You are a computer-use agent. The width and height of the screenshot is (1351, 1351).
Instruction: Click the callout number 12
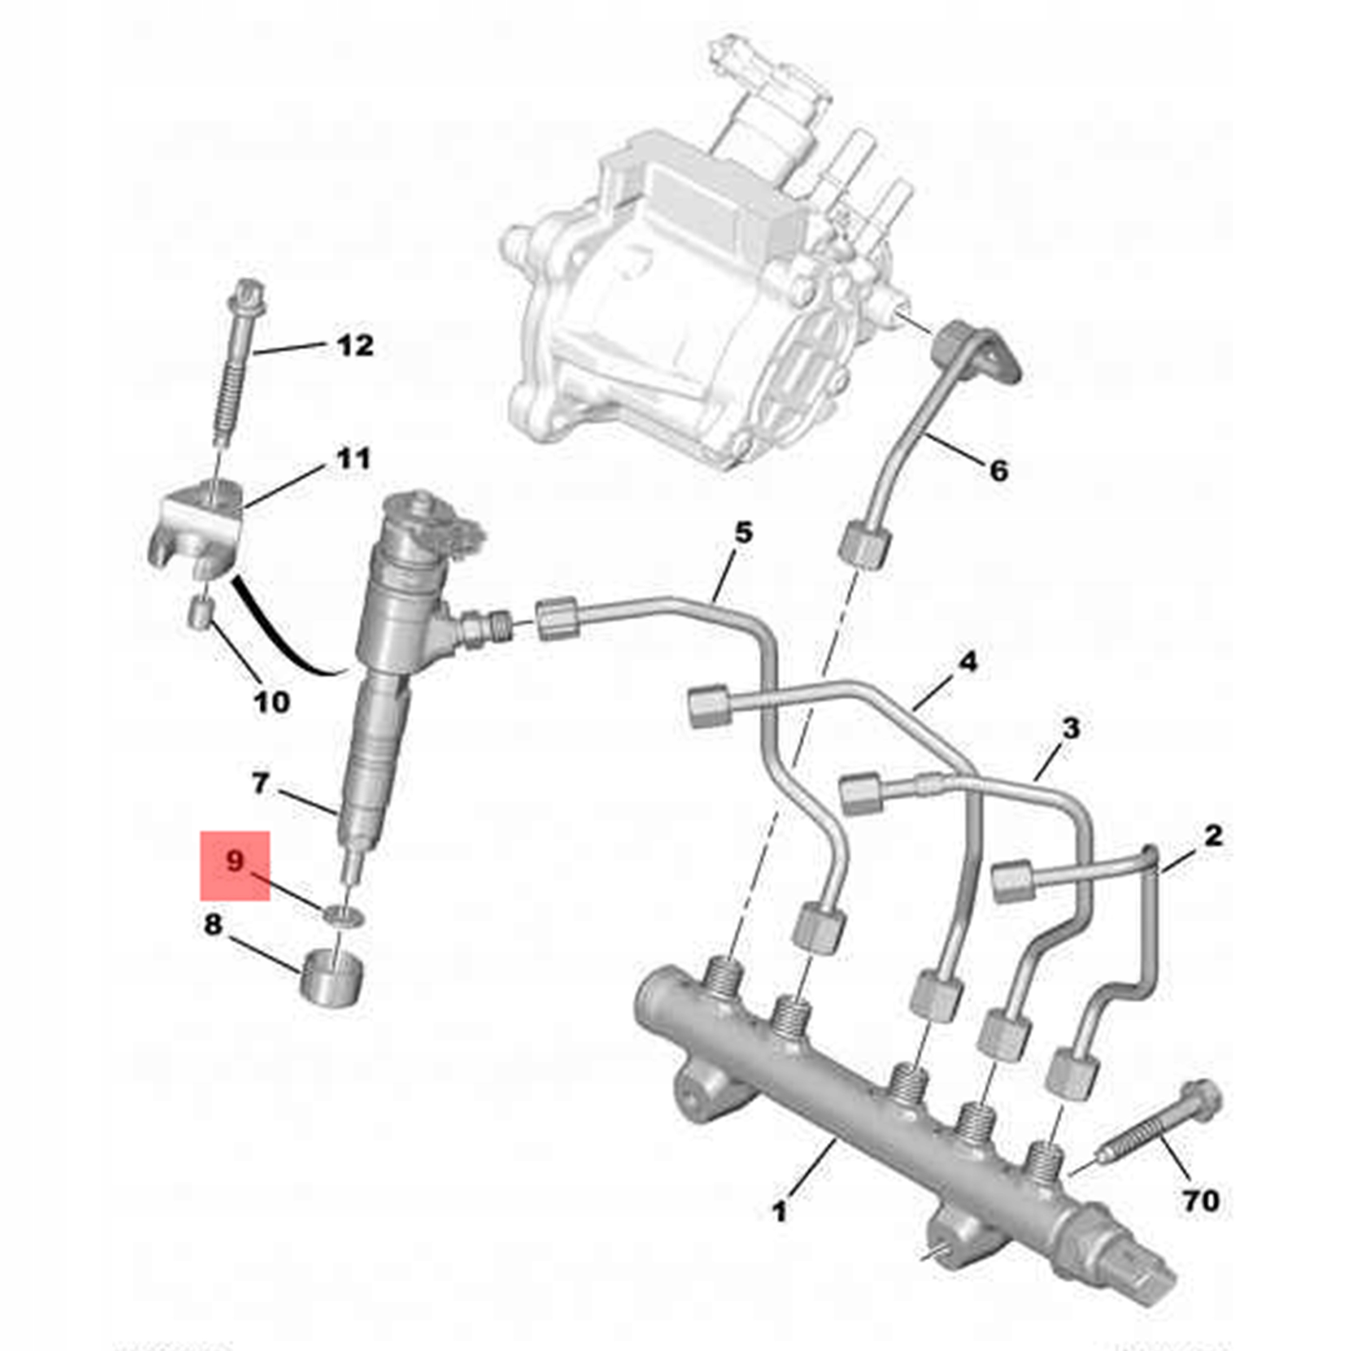click(355, 346)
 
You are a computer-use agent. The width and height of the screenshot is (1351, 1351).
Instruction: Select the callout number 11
click(353, 460)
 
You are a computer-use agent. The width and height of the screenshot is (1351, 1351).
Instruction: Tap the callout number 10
click(271, 701)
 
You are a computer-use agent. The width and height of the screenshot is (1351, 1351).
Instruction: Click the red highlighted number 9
click(235, 861)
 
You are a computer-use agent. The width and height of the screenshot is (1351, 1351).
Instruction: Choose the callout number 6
click(999, 471)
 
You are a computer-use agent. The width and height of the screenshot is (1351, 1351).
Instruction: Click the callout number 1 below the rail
click(779, 1211)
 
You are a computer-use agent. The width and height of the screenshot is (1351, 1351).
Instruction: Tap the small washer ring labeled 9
click(342, 915)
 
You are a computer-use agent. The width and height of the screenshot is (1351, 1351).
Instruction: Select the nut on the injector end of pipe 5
click(557, 617)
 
